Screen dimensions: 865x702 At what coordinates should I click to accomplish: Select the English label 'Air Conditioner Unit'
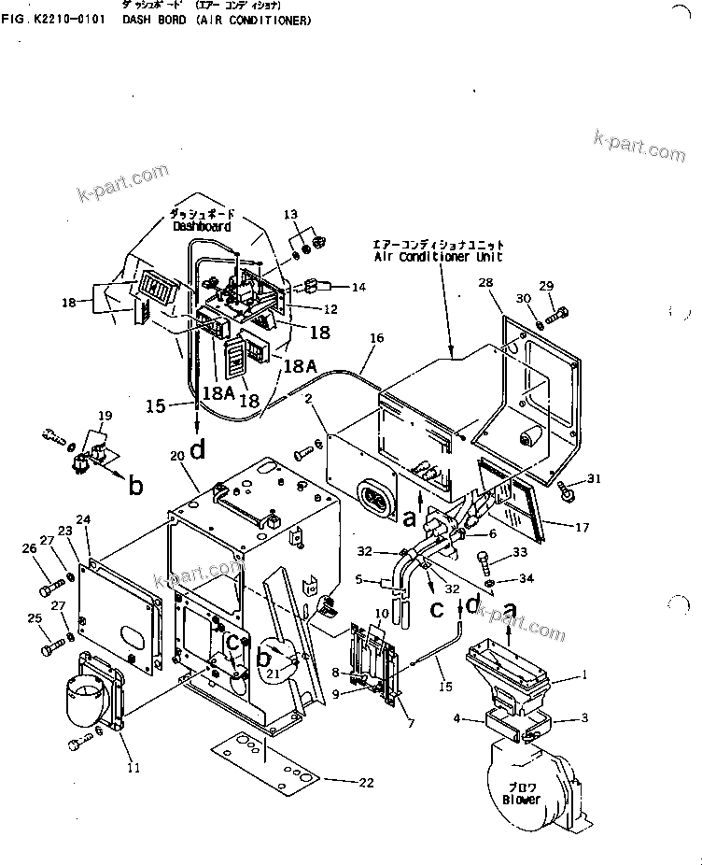point(437,256)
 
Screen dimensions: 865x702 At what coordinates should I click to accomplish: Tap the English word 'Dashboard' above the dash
point(201,226)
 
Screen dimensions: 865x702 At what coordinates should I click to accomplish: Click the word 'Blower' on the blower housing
point(520,800)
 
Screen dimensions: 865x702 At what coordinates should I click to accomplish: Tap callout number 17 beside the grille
point(582,528)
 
